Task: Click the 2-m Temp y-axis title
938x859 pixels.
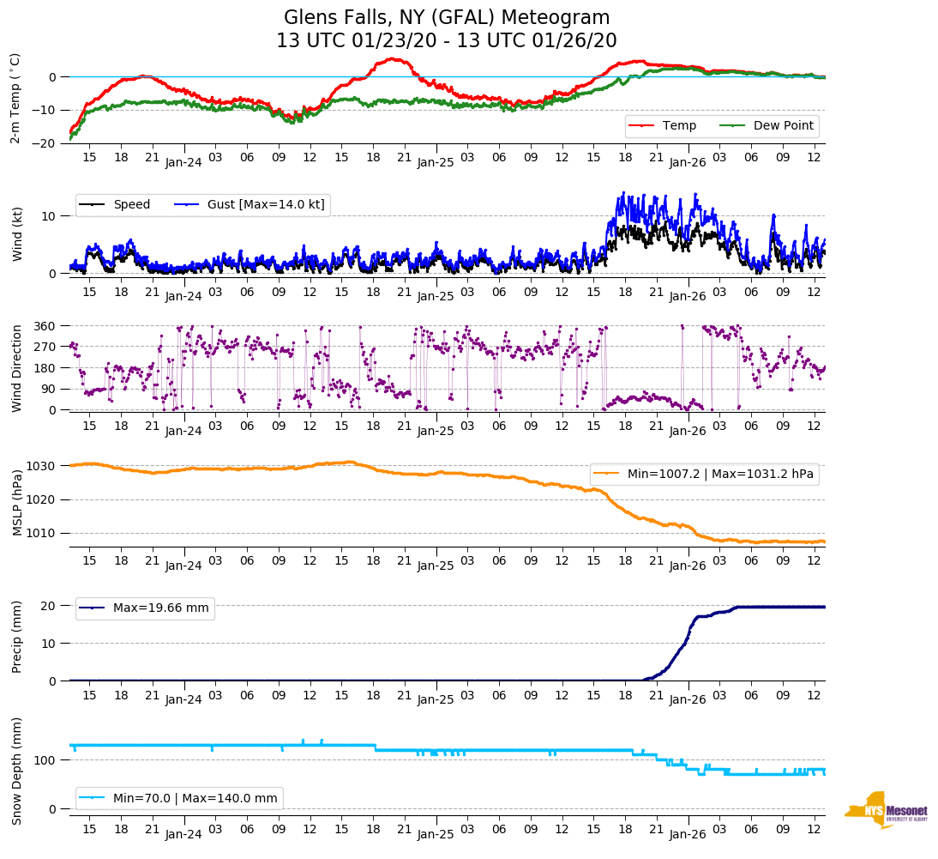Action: coord(15,98)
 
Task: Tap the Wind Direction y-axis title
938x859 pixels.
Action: coord(16,368)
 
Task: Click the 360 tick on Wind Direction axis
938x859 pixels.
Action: coord(45,326)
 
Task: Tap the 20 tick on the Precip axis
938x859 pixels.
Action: coord(50,606)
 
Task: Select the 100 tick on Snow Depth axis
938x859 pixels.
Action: coord(45,760)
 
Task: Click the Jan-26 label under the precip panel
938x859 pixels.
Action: coord(688,699)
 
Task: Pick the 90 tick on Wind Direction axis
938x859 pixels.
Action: coord(48,389)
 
